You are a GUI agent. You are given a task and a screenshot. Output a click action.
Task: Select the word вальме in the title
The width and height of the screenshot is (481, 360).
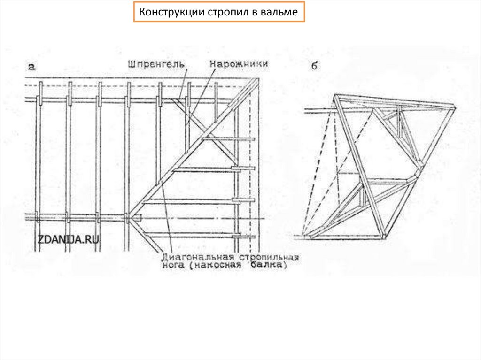pyautogui.click(x=279, y=12)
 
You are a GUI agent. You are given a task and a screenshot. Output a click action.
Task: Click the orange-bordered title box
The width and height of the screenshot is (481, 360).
pyautogui.click(x=219, y=12)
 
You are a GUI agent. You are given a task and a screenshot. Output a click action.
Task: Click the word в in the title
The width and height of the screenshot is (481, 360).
pyautogui.click(x=253, y=13)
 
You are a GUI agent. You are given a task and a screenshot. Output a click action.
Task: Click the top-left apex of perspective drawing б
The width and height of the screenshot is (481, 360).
pyautogui.click(x=335, y=96)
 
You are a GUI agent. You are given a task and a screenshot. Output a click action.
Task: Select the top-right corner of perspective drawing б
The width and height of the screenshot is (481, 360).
pyautogui.click(x=454, y=107)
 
